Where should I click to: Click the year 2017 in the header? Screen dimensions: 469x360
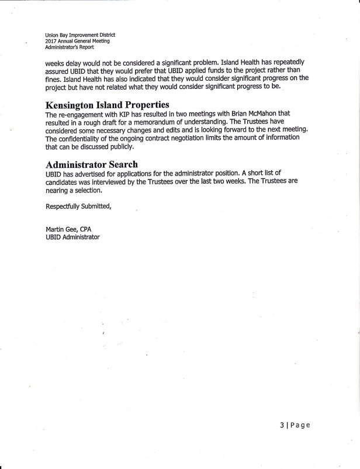click(51, 41)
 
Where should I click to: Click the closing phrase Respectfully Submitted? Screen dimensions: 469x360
click(78, 207)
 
